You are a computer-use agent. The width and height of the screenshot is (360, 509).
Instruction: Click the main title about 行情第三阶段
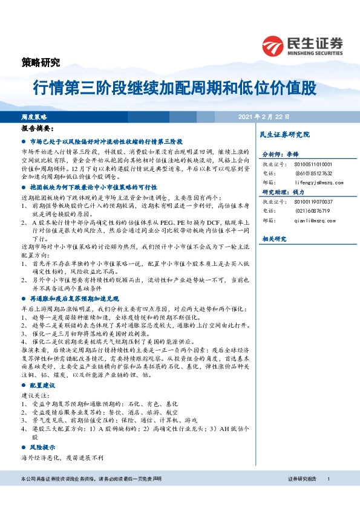[x=174, y=88]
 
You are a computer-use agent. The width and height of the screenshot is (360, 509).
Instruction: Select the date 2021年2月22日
[x=264, y=116]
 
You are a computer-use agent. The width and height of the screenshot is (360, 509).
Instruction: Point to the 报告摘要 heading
[x=38, y=129]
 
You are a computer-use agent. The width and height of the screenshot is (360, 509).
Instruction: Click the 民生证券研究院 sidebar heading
[x=284, y=134]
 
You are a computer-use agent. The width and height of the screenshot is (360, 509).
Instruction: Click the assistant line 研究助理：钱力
[x=280, y=192]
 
